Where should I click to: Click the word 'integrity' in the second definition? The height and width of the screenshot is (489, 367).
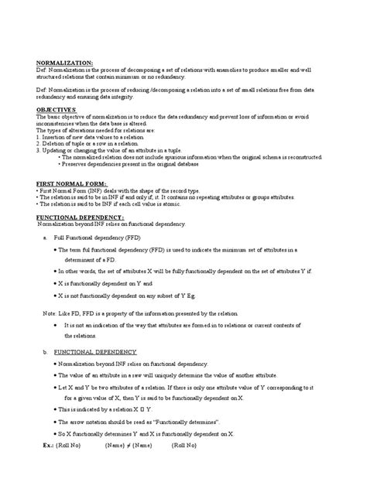coord(160,97)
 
